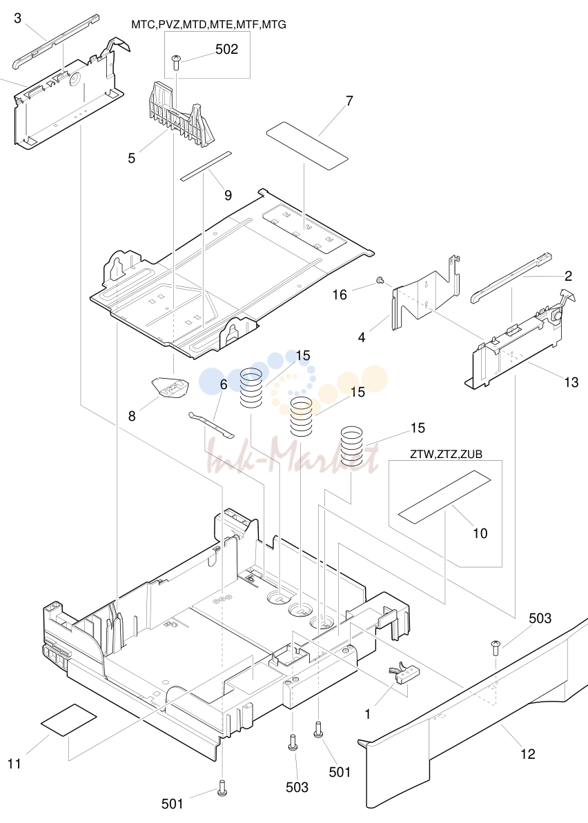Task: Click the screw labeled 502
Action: click(177, 65)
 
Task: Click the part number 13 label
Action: click(571, 382)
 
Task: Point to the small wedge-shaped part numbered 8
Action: click(168, 388)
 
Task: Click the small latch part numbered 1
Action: click(403, 675)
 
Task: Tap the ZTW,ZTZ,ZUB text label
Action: click(447, 455)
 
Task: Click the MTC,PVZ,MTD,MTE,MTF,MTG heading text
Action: click(209, 25)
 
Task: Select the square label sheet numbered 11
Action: click(69, 720)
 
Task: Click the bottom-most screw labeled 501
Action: click(223, 787)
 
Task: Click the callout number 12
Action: click(528, 754)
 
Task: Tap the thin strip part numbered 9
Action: click(205, 166)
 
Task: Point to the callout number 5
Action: click(131, 158)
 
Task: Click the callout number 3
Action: click(17, 18)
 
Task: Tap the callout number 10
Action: click(480, 533)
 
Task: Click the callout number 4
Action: click(362, 337)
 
